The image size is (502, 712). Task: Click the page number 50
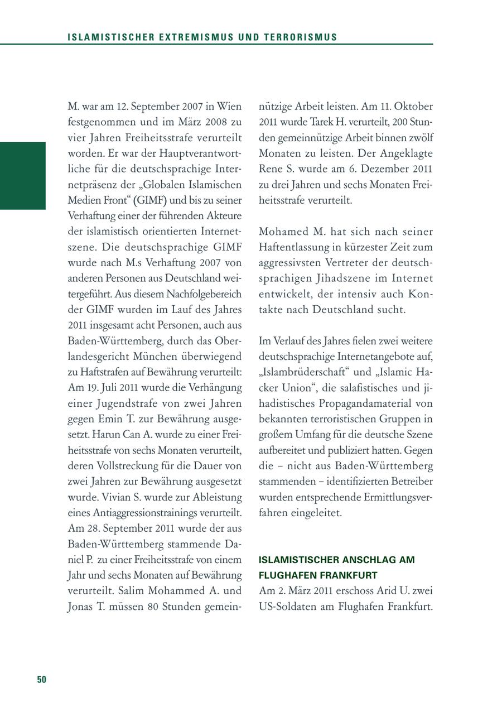[x=42, y=680]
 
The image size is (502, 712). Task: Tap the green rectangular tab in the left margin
[x=23, y=176]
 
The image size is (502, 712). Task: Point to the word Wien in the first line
[x=230, y=106]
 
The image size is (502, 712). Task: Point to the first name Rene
[x=271, y=169]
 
